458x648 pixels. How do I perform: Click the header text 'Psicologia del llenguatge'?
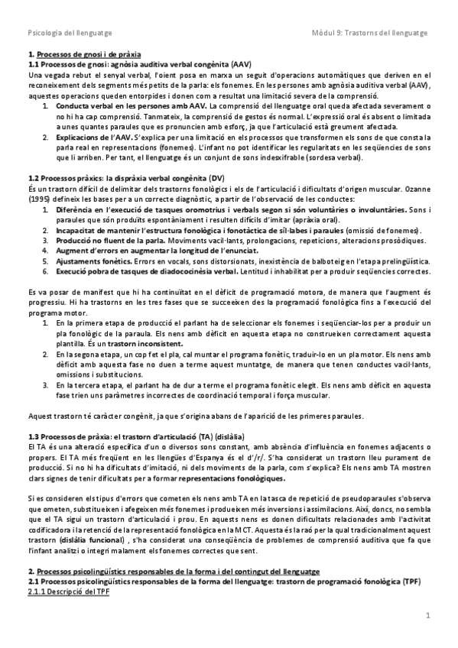point(69,34)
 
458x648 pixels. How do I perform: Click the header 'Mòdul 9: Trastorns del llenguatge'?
point(371,34)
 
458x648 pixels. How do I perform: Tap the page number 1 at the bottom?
point(429,616)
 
